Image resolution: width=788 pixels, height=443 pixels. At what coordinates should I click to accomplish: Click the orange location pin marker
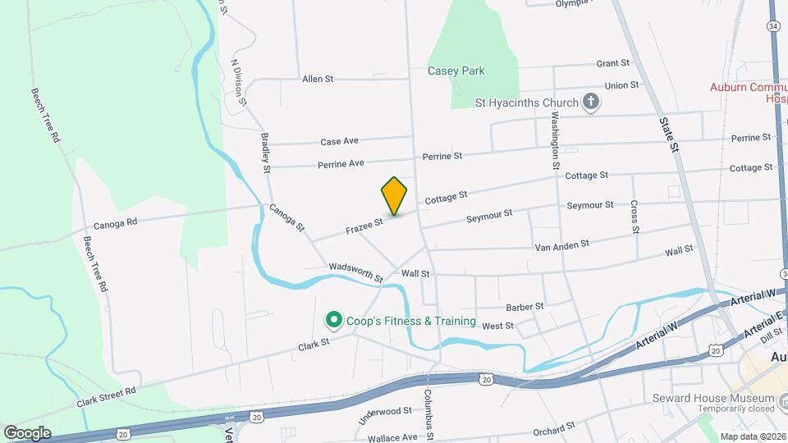(394, 195)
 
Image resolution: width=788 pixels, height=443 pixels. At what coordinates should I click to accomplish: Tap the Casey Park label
(456, 71)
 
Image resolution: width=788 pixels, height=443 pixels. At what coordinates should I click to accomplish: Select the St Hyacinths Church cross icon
(590, 103)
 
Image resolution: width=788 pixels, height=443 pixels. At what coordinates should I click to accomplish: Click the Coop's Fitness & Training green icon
(333, 320)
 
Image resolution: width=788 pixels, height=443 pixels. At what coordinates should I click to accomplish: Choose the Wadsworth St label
(355, 272)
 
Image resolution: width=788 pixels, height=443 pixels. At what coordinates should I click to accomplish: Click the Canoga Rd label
(115, 222)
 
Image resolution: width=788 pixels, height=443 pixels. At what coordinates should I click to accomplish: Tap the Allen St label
(318, 79)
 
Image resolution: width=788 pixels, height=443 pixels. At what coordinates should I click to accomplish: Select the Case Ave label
(339, 141)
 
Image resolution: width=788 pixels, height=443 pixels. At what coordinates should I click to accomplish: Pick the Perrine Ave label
(341, 164)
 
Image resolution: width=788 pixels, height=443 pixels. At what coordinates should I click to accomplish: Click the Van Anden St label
(561, 244)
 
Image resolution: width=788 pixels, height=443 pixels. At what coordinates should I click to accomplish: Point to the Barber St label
(525, 306)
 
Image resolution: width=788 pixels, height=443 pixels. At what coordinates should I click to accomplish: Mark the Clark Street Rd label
(106, 397)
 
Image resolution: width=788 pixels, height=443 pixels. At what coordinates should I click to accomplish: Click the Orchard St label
(553, 430)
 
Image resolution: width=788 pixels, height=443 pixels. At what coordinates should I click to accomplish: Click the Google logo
(27, 432)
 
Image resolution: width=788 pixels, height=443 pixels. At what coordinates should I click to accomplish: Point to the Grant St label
(612, 63)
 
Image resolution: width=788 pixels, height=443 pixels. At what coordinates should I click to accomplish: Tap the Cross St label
(635, 217)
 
